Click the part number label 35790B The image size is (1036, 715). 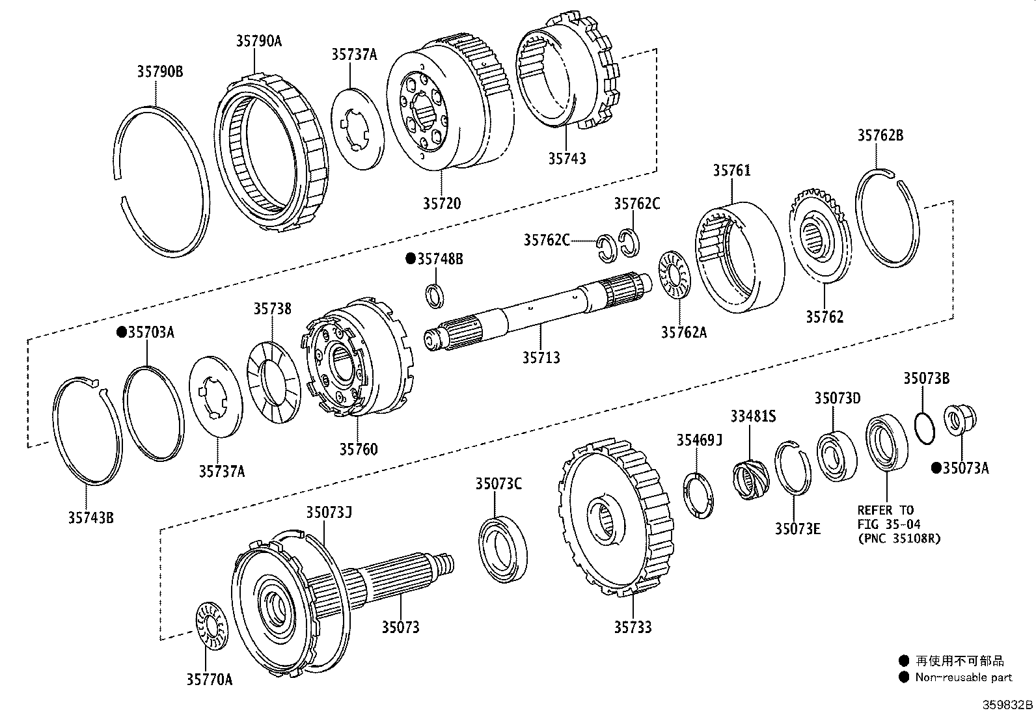[x=159, y=72]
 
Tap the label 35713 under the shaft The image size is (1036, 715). [x=541, y=357]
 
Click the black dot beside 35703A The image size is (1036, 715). [x=121, y=332]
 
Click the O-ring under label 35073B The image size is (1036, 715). [x=924, y=428]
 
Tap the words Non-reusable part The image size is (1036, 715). [x=963, y=677]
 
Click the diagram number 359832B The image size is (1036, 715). [x=1007, y=705]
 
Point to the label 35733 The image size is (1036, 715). [x=633, y=627]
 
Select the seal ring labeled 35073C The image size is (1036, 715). [x=503, y=547]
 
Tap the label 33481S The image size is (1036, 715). [x=752, y=416]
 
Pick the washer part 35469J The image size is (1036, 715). [x=698, y=496]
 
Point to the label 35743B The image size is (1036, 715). [x=91, y=518]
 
